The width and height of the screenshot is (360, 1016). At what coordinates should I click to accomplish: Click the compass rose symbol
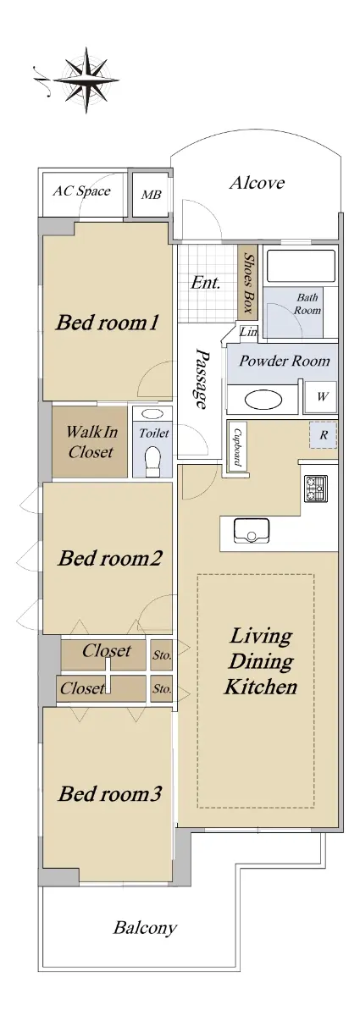point(86,80)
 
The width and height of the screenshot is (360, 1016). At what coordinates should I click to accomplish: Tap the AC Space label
point(81,191)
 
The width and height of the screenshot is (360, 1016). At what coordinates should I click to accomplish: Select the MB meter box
point(150,195)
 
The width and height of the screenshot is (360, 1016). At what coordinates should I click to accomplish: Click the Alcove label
point(257,183)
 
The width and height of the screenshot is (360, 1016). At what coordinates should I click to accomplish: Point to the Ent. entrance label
point(205,284)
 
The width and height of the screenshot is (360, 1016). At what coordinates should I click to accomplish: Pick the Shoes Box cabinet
point(247,282)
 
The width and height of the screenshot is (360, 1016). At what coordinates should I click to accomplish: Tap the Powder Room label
point(284,361)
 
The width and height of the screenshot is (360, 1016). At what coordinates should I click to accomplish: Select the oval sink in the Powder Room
point(263,400)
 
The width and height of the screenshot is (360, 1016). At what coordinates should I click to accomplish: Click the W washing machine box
point(321,397)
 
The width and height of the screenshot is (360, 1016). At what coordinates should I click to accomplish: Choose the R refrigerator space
point(324,435)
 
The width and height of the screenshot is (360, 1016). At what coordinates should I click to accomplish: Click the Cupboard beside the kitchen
point(237,446)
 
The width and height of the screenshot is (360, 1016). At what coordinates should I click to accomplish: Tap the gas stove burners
point(315,489)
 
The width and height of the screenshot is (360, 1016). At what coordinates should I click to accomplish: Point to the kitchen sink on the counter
point(252,531)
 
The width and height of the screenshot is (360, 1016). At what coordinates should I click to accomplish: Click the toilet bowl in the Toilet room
point(152,461)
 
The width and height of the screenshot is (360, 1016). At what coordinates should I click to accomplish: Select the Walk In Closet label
point(91,441)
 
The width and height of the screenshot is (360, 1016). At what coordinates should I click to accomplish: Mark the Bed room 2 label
point(110,558)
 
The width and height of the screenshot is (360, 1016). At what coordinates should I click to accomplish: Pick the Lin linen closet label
point(248,332)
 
